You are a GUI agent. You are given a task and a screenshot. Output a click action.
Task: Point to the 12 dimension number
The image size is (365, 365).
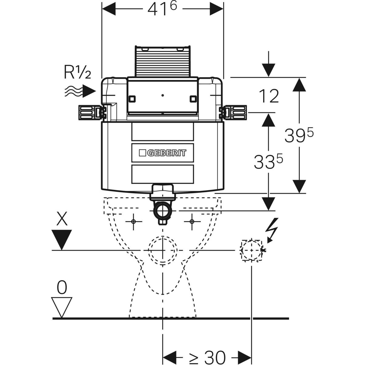(269, 96)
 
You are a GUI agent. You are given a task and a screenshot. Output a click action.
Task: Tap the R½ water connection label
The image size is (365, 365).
(77, 72)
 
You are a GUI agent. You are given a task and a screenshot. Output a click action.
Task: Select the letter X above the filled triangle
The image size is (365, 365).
(62, 218)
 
